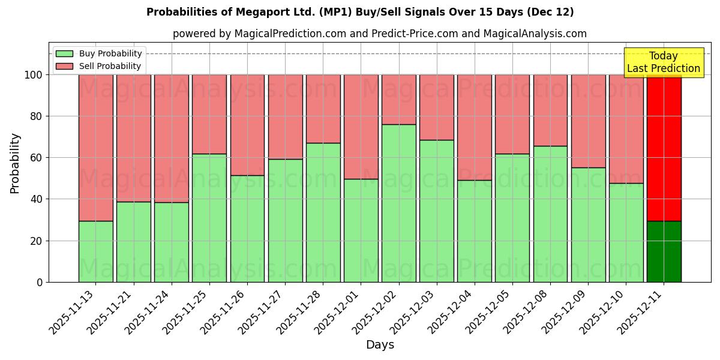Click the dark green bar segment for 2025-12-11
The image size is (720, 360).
(664, 252)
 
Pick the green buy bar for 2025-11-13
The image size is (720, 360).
(95, 251)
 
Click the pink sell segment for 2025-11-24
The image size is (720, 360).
(171, 138)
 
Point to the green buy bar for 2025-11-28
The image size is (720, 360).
(323, 212)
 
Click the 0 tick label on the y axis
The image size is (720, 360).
(39, 282)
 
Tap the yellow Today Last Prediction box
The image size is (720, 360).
(664, 62)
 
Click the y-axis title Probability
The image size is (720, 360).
(15, 163)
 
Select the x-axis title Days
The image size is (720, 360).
(380, 345)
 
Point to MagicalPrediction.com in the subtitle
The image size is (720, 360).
(290, 34)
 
